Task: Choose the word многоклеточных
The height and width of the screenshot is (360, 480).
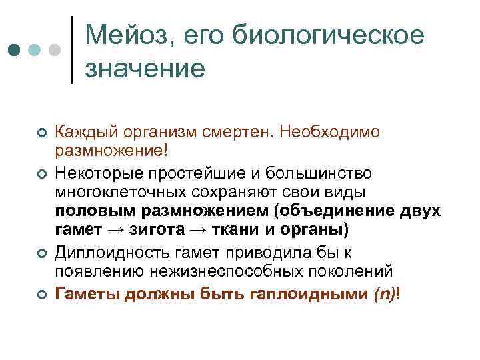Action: [x=119, y=194]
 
